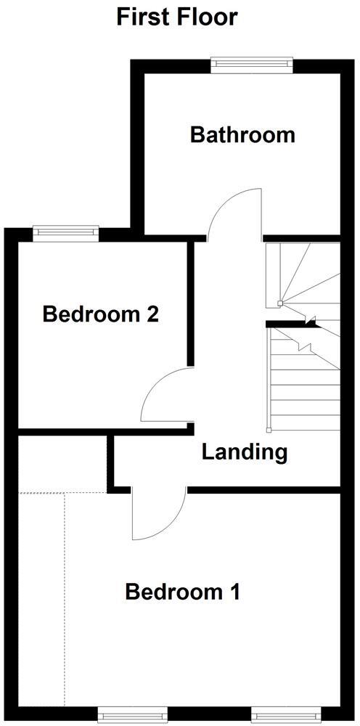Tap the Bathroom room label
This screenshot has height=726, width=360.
pos(242,135)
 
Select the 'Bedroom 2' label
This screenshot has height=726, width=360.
pos(100,314)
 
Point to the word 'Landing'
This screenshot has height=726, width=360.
pos(244,452)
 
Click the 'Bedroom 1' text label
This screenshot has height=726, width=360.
pos(182,592)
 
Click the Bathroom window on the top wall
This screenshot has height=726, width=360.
pos(252,65)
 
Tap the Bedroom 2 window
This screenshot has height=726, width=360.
pos(65,232)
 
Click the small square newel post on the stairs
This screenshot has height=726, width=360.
pos(279,304)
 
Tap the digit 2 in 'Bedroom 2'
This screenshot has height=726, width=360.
pos(152,314)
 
